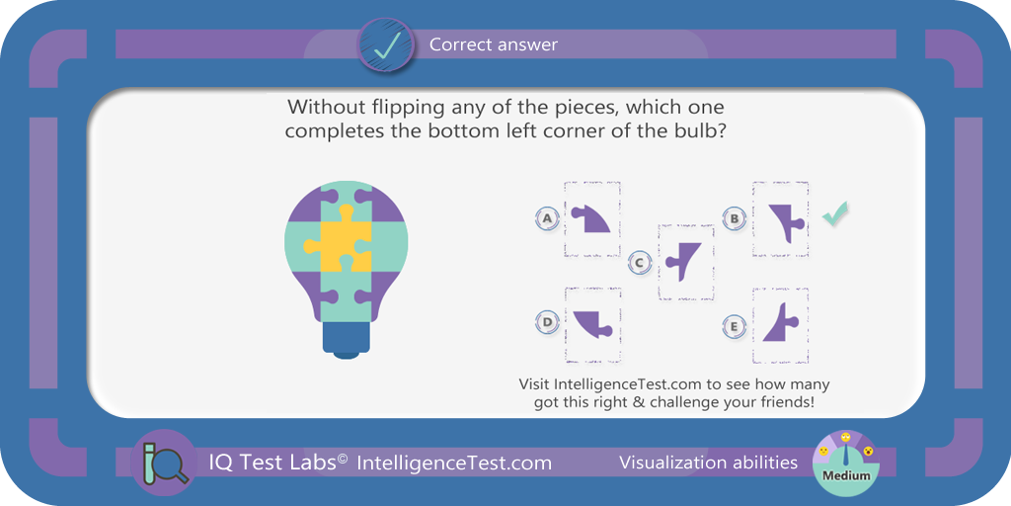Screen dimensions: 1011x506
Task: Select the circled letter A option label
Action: coord(547,218)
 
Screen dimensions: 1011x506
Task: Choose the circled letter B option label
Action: coord(734,218)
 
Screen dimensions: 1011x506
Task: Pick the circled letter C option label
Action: coord(639,262)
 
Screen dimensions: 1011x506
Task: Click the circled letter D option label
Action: coord(547,322)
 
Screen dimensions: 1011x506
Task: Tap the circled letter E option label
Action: coord(734,326)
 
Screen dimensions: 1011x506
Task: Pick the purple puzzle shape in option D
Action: coord(591,323)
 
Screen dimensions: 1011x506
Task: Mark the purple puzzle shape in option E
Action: coord(781,322)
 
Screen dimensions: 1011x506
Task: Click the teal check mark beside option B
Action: coord(835,213)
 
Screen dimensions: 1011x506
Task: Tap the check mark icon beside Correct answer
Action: coord(386,45)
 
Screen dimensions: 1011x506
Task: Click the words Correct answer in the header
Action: coord(494,44)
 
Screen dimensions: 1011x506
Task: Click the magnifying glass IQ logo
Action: coord(163,463)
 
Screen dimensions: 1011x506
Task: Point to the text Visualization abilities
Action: coord(708,463)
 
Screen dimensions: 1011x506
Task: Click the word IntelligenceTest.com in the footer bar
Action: coord(454,463)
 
